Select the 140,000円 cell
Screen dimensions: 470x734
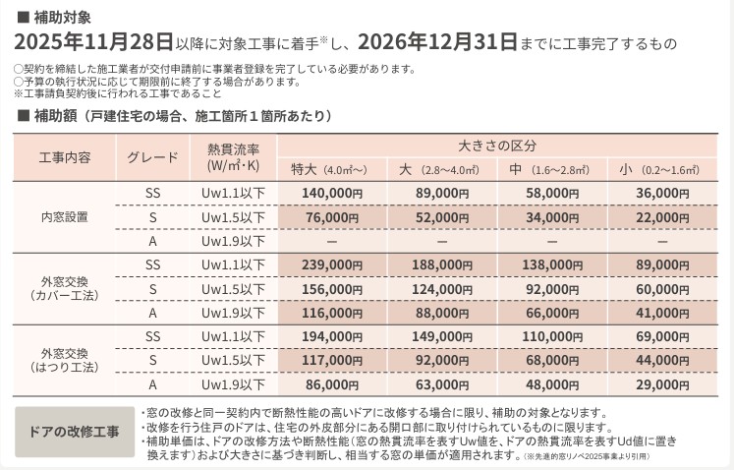(x=332, y=194)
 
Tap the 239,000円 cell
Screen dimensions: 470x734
(x=332, y=264)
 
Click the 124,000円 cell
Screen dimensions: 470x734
(x=442, y=289)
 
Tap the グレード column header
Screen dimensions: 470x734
(x=152, y=157)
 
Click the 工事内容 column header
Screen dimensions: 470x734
(x=65, y=157)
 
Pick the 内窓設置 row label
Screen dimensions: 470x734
(x=65, y=217)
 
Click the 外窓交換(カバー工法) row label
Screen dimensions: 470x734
(x=65, y=289)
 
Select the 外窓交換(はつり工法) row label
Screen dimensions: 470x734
(x=65, y=361)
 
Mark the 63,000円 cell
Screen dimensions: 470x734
(x=442, y=385)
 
